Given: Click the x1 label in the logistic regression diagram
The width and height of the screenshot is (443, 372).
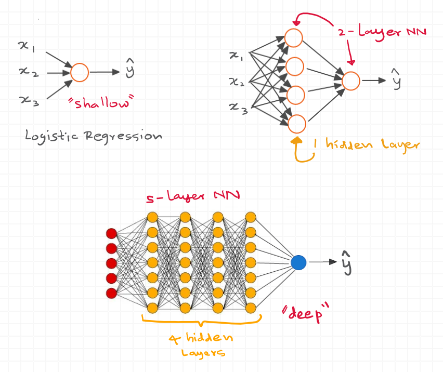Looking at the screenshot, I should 25,47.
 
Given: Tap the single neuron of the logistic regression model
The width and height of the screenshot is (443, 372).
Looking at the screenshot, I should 80,73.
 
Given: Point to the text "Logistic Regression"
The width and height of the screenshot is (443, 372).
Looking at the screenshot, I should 94,136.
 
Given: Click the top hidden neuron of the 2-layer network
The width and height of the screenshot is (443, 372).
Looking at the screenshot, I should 294,38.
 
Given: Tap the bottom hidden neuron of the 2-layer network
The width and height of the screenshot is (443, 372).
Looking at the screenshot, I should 296,124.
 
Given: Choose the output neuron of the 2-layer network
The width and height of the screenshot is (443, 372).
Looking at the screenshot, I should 351,81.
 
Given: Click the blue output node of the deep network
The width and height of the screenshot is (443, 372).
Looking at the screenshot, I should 298,262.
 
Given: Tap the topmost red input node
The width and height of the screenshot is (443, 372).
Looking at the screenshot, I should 111,232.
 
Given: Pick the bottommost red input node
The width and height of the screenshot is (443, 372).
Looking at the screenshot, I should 111,294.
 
